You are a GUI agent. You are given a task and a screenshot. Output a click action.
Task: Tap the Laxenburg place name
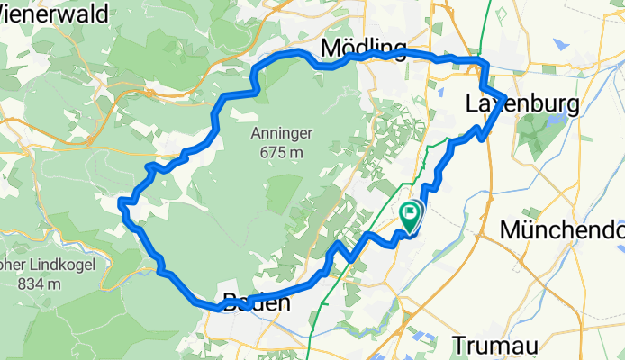point(522,105)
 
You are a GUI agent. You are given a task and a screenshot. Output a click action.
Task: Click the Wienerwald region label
point(54,13)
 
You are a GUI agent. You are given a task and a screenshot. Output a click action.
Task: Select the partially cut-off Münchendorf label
point(562,229)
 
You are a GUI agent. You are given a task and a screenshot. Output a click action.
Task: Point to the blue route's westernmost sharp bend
point(122,205)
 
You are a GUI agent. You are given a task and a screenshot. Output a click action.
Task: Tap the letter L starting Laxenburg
point(472,105)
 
